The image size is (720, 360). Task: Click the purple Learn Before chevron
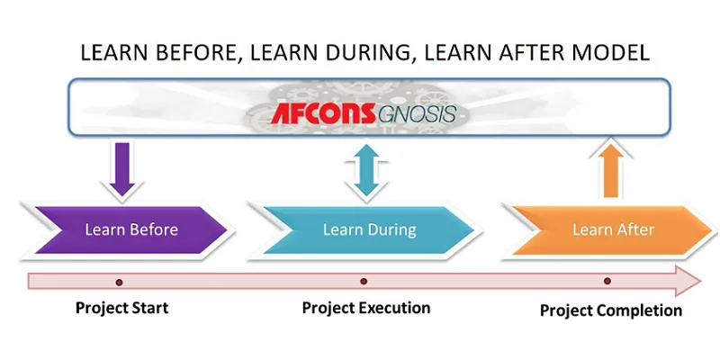[x=126, y=229]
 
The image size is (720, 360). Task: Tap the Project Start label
[x=121, y=308]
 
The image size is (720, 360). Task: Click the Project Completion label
[x=610, y=310]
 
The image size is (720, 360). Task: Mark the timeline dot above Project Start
[x=119, y=282]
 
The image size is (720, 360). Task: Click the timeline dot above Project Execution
[x=364, y=282]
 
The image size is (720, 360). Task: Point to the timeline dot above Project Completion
[x=607, y=282]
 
